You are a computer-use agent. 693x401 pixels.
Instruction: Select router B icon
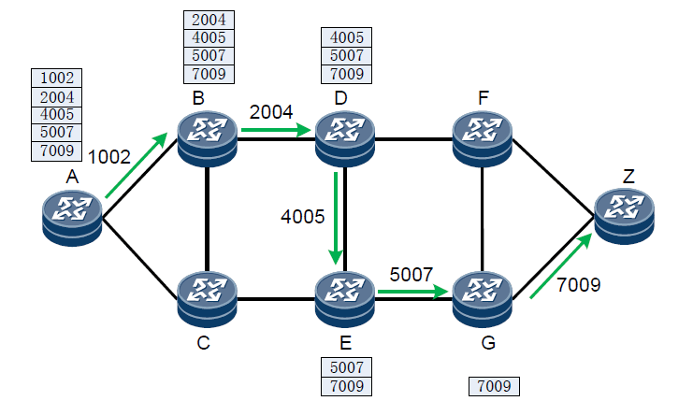pos(208,137)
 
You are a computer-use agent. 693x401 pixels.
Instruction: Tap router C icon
pos(208,295)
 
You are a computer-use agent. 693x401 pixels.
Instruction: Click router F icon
pos(482,137)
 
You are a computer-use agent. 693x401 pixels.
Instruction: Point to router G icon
pos(482,295)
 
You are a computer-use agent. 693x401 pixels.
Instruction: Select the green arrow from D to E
pos(335,217)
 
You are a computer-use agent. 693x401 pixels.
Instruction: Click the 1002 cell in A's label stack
pos(58,79)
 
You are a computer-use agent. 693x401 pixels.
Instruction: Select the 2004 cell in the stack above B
pos(208,20)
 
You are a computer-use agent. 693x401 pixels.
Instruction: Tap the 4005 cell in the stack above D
pos(345,38)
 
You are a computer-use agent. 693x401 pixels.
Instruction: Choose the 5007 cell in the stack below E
pos(345,367)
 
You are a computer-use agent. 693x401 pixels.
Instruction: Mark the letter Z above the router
pos(628,176)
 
